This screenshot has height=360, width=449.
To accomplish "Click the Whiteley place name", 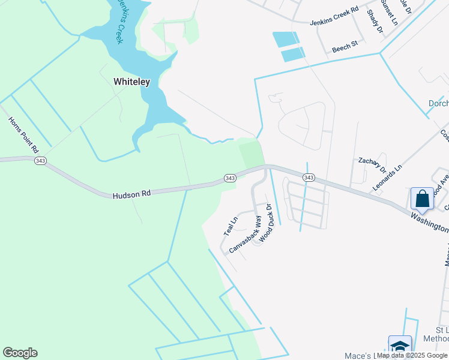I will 131,81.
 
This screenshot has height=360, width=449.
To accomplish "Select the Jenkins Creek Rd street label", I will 334,16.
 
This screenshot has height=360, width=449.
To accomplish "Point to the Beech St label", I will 345,45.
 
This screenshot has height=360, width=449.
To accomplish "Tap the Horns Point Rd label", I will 23,134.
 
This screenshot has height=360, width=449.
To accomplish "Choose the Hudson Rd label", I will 131,194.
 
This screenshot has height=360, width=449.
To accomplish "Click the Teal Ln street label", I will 231,226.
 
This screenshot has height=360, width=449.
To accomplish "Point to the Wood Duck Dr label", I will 265,223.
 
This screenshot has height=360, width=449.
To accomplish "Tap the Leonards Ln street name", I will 387,179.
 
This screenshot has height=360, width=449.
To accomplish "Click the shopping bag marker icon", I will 423,199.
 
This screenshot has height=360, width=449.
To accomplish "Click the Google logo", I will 20,353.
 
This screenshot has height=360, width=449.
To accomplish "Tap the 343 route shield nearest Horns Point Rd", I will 41,161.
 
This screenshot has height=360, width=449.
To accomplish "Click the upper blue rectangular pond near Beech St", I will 286,40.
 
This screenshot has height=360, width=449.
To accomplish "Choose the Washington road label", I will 429,222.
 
